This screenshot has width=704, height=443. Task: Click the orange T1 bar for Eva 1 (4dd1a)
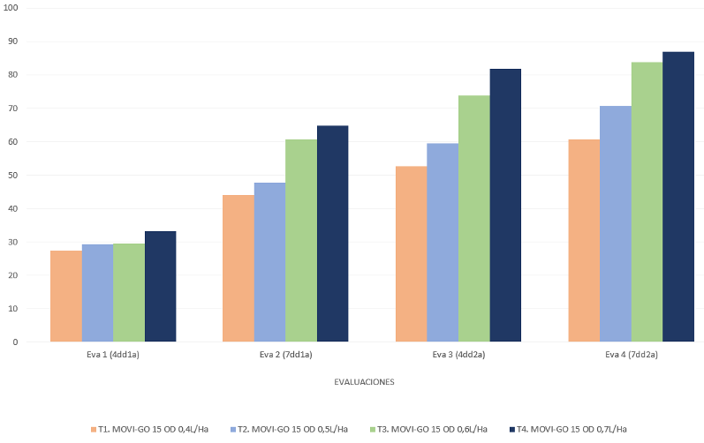click(x=66, y=297)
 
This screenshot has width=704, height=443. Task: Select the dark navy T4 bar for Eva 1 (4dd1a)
click(x=161, y=287)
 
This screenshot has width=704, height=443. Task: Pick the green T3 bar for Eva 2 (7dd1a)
click(x=301, y=241)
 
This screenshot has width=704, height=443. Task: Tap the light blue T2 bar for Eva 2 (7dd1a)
click(x=269, y=262)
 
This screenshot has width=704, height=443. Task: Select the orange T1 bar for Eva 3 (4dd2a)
click(x=411, y=254)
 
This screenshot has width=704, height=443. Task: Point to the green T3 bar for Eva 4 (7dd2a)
click(x=647, y=202)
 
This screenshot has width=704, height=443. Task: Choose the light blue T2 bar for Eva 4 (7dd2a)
click(x=616, y=224)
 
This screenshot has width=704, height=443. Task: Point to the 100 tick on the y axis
click(x=12, y=8)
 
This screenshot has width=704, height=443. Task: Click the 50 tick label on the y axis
click(x=14, y=175)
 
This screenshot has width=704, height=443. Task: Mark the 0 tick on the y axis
click(x=16, y=342)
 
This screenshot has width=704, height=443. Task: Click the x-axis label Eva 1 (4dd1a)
click(x=113, y=355)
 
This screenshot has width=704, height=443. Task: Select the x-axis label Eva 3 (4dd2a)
click(x=458, y=355)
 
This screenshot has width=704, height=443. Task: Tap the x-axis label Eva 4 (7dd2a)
click(x=631, y=355)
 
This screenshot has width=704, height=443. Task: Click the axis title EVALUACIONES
click(x=364, y=382)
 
